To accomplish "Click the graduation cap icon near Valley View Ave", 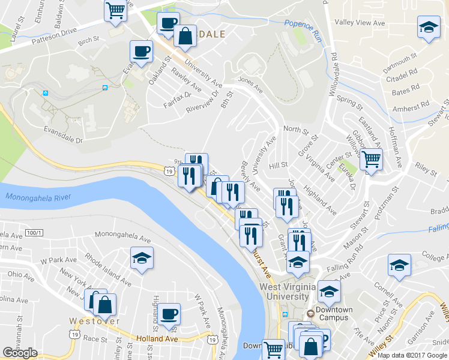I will pyautogui.click(x=428, y=28).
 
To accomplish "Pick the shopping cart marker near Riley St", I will pyautogui.click(x=371, y=160).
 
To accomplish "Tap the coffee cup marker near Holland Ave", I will pyautogui.click(x=169, y=313).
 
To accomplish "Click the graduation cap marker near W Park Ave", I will pyautogui.click(x=142, y=258).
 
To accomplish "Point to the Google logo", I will pyautogui.click(x=20, y=353).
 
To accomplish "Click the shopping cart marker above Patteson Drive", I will pyautogui.click(x=115, y=10).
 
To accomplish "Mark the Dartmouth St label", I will pyautogui.click(x=400, y=61).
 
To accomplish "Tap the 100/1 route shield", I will pyautogui.click(x=35, y=232).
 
